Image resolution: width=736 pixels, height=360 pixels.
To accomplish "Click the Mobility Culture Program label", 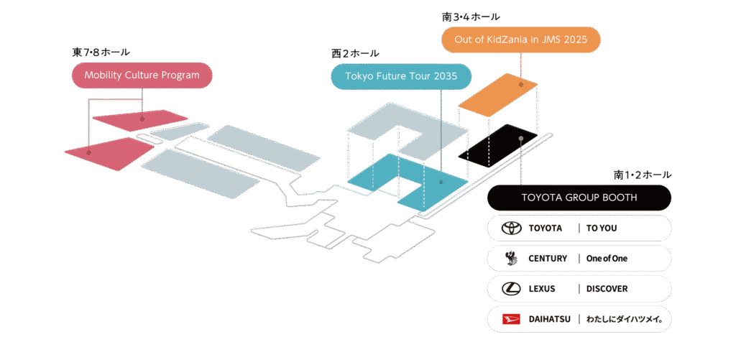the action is (x=142, y=75).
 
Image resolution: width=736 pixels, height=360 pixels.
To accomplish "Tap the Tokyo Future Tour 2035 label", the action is (x=401, y=76).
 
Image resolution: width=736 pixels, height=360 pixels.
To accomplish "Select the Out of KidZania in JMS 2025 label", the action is (x=520, y=40).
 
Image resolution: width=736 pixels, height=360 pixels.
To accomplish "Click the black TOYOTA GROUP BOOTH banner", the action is (x=579, y=198).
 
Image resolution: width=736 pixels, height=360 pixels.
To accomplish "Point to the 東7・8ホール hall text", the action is (x=101, y=52).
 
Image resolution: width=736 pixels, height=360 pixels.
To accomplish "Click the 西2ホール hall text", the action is (x=355, y=53).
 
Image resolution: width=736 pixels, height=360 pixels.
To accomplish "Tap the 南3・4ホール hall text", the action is (x=471, y=17).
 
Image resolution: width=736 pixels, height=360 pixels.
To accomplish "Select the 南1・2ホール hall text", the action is (x=643, y=175).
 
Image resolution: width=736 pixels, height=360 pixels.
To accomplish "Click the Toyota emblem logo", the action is (x=512, y=228).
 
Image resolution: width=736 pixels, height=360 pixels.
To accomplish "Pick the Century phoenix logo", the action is (x=510, y=258).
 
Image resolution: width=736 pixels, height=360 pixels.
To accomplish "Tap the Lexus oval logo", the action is (x=512, y=289).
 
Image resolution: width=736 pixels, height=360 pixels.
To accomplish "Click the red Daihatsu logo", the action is (x=512, y=319).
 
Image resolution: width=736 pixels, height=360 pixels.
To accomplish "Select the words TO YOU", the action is (x=602, y=228).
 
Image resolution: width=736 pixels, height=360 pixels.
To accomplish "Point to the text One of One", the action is (x=607, y=258).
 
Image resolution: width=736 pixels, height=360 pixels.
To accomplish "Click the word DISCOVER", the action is (x=607, y=289).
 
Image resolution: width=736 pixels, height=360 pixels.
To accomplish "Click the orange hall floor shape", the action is (x=498, y=95).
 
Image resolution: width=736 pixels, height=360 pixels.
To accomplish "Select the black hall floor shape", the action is (x=498, y=145).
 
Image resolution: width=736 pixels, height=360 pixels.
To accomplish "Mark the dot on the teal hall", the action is (x=441, y=182).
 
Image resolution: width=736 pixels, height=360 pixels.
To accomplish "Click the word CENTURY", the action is (x=548, y=258).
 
